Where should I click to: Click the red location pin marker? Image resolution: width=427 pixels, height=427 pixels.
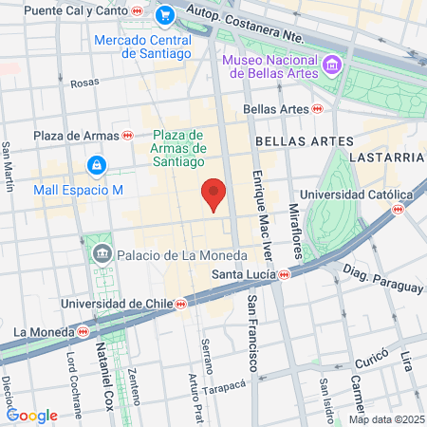(214, 194)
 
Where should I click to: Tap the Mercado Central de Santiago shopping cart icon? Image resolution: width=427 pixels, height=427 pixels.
(165, 15)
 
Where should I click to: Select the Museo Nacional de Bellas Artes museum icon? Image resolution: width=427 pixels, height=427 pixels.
(332, 65)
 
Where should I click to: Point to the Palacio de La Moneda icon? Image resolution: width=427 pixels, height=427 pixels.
(102, 253)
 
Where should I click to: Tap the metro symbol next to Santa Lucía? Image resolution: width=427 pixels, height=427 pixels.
(285, 275)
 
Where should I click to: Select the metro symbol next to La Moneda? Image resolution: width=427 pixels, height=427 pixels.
(84, 332)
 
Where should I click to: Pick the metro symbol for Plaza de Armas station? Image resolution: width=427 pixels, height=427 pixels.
(128, 136)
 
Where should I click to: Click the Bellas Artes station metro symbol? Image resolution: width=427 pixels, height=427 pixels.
(317, 109)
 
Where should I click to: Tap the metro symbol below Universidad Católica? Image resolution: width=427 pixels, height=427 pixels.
(399, 210)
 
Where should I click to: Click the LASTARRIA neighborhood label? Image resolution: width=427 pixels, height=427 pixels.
(384, 156)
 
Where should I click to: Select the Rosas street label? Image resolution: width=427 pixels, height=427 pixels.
(84, 83)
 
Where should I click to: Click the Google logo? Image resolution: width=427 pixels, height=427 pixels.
(31, 415)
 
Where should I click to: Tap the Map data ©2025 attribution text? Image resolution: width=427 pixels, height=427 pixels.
(383, 419)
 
